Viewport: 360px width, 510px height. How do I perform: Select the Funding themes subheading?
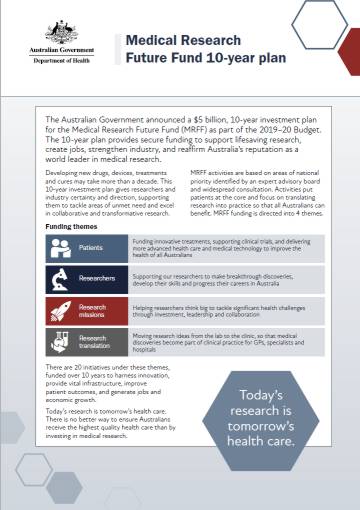coord(72,226)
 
